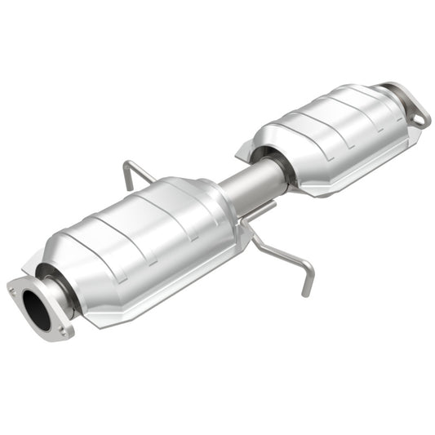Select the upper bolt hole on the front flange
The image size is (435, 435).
pyautogui.click(x=14, y=286)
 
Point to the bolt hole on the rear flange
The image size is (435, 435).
pyautogui.click(x=419, y=119)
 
